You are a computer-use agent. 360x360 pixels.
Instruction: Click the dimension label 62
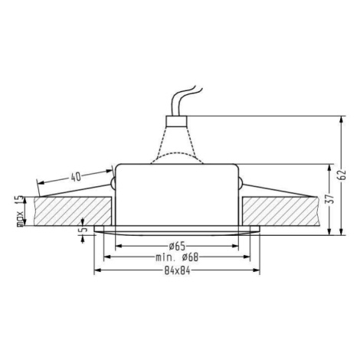[343, 175]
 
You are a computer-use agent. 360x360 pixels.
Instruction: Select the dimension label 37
[331, 198]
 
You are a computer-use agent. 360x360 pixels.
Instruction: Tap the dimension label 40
[76, 177]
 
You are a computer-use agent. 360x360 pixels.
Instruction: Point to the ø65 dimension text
[177, 246]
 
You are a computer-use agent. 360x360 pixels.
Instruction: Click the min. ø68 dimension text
[177, 257]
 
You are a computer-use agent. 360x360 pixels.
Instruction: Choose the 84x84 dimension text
[177, 270]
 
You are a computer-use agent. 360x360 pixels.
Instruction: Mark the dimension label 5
[83, 229]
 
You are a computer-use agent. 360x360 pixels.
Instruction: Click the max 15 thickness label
[21, 211]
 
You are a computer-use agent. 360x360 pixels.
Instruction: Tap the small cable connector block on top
[176, 121]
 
